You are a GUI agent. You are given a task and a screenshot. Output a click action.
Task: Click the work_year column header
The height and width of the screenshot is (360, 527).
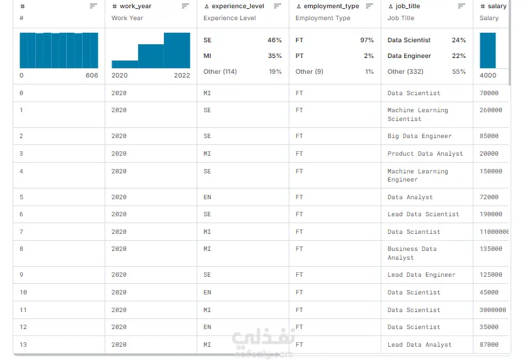[136, 6]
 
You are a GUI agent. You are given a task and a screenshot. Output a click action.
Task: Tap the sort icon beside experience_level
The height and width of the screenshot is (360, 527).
[277, 6]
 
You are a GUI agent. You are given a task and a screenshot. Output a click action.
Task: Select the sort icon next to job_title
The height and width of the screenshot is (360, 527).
[461, 6]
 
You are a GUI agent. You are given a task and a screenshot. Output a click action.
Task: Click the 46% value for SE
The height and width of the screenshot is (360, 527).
[275, 40]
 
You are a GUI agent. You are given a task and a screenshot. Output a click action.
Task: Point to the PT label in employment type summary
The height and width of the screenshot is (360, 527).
[299, 56]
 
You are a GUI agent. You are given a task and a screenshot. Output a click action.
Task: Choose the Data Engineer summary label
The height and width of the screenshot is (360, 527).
[409, 56]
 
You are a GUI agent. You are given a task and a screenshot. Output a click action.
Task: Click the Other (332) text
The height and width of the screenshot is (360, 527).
[405, 72]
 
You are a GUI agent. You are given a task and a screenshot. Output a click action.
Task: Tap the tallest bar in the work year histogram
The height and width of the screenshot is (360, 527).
[177, 50]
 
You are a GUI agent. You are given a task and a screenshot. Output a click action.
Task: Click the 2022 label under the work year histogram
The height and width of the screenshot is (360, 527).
[182, 75]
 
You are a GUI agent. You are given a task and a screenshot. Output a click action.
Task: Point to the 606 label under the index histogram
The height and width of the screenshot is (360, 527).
[92, 75]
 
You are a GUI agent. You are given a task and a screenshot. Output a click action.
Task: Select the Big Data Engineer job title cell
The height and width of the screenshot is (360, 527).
[419, 136]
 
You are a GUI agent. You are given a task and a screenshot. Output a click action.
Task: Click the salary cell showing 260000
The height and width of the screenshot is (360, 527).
[490, 110]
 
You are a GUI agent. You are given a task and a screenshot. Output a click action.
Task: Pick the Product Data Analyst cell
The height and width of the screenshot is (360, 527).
[425, 154]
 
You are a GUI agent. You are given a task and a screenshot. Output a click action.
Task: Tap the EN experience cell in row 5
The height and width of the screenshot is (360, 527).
[207, 197]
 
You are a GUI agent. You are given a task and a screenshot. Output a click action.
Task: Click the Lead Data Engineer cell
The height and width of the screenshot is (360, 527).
[421, 275]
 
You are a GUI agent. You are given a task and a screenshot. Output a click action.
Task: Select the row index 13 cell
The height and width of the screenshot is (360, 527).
[23, 344]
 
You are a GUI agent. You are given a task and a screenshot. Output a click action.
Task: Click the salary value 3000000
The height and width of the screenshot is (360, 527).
[493, 310]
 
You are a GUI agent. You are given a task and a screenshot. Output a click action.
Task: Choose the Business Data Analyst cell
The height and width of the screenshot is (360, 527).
[412, 253]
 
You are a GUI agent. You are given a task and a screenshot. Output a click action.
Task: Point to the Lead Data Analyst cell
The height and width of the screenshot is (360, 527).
[419, 344]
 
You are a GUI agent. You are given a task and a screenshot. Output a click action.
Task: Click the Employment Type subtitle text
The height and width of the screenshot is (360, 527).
[323, 18]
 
